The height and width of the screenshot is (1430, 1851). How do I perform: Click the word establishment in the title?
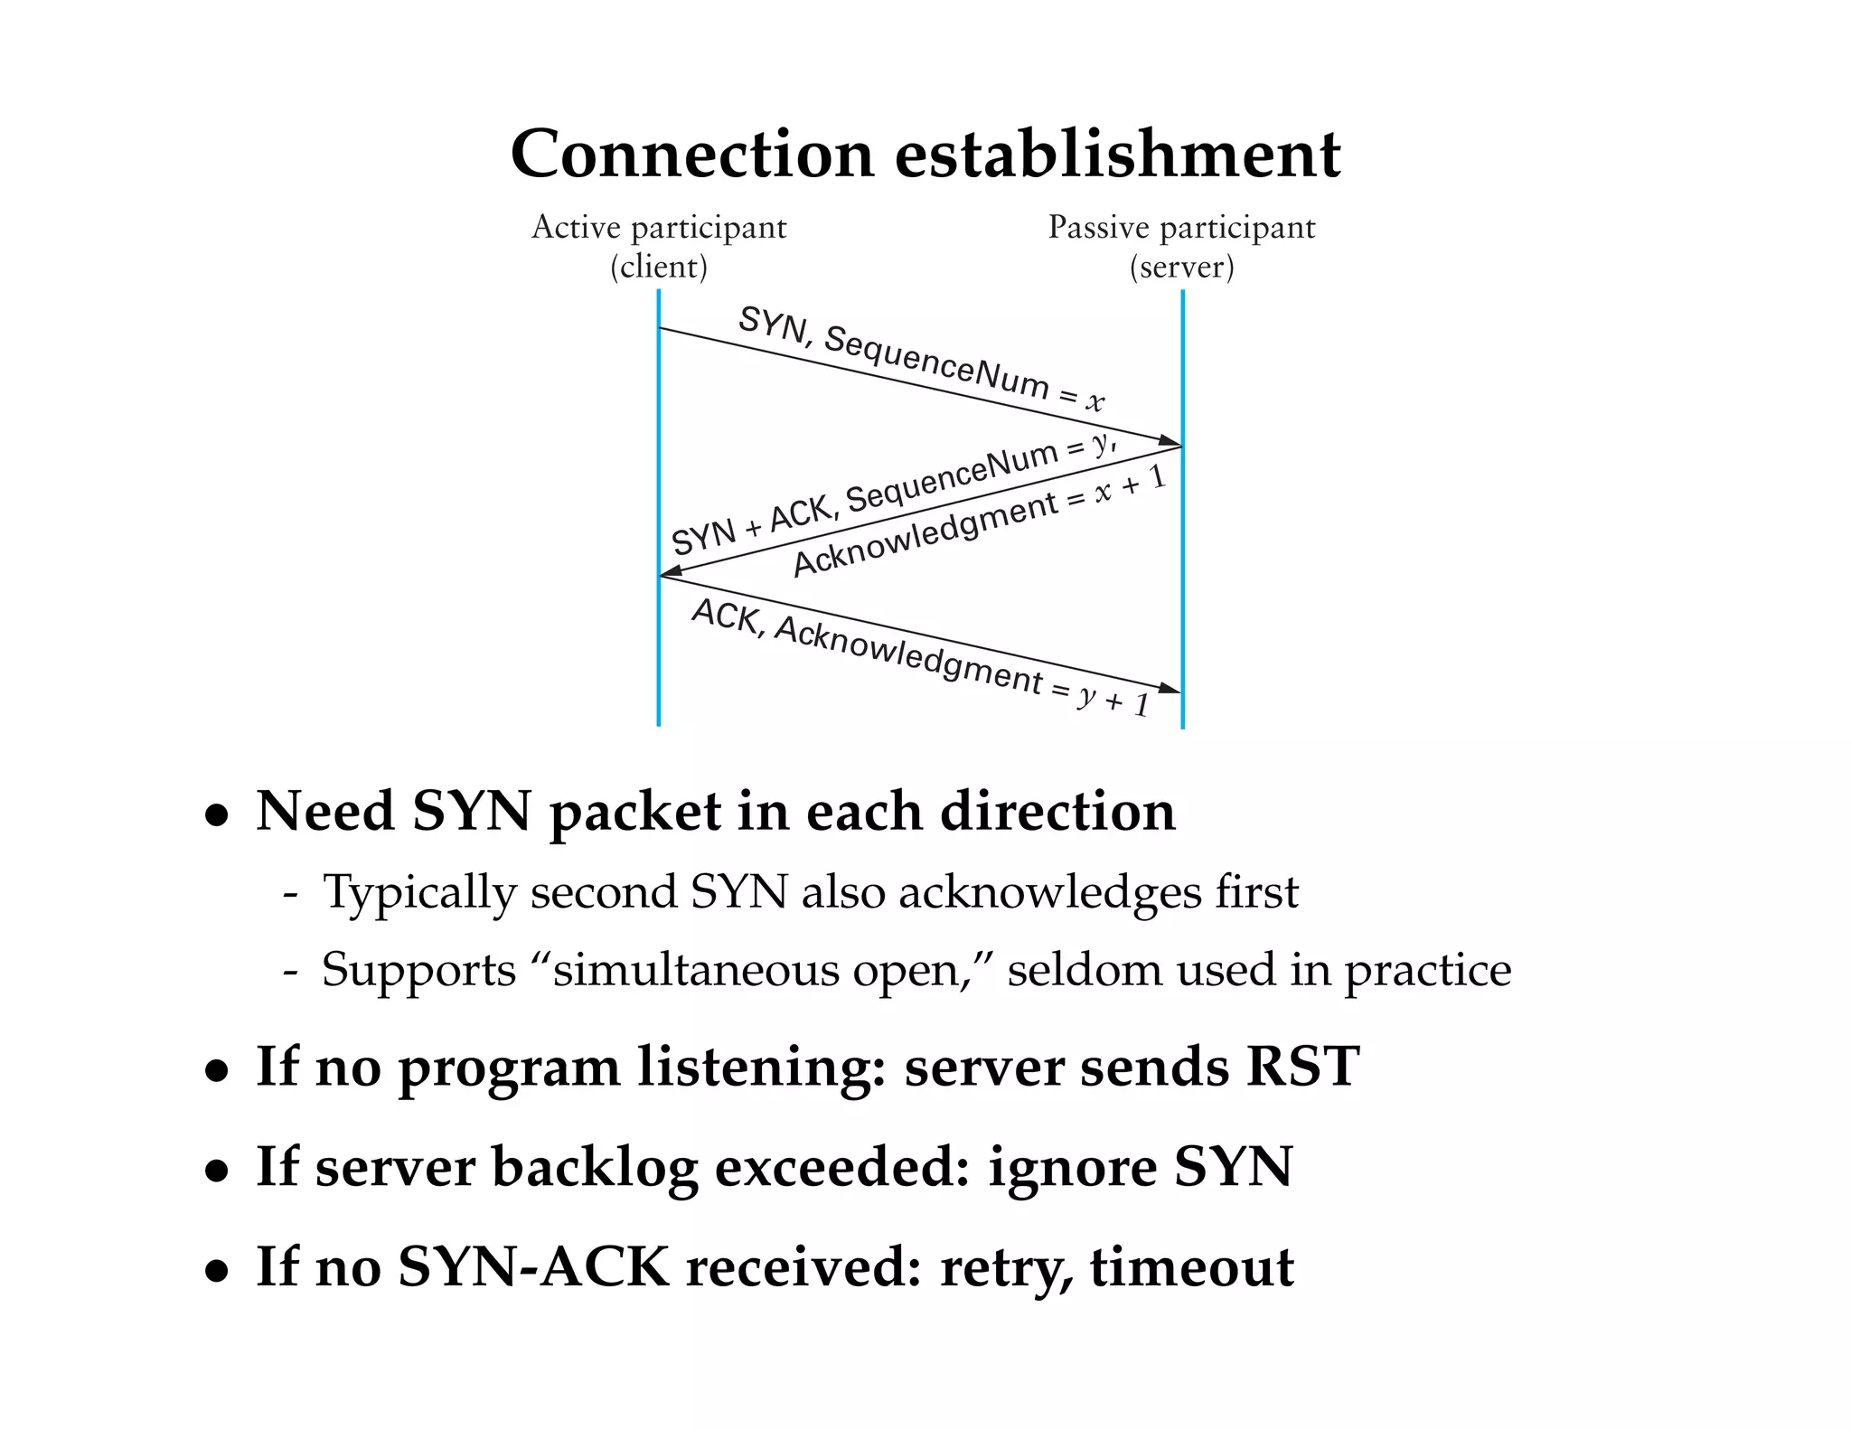[1117, 155]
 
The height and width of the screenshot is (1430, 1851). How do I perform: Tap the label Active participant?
[659, 227]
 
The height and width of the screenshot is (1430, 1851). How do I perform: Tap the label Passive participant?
[1181, 227]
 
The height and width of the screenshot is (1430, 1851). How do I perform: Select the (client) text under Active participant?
[659, 267]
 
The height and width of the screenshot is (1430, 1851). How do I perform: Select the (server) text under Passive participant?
[1181, 267]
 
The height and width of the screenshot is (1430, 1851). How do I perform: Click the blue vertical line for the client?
[659, 651]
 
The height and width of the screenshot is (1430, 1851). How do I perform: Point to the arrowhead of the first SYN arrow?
[1171, 442]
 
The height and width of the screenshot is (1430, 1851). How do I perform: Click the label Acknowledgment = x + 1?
[979, 522]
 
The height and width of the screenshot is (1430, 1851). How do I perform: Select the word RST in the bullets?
[1302, 1066]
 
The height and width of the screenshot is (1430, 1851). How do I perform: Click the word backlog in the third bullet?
[594, 1167]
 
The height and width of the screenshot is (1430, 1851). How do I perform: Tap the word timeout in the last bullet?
[1192, 1267]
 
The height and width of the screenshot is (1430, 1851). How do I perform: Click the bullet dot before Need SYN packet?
[216, 814]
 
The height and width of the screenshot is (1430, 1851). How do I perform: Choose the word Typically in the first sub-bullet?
[419, 892]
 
